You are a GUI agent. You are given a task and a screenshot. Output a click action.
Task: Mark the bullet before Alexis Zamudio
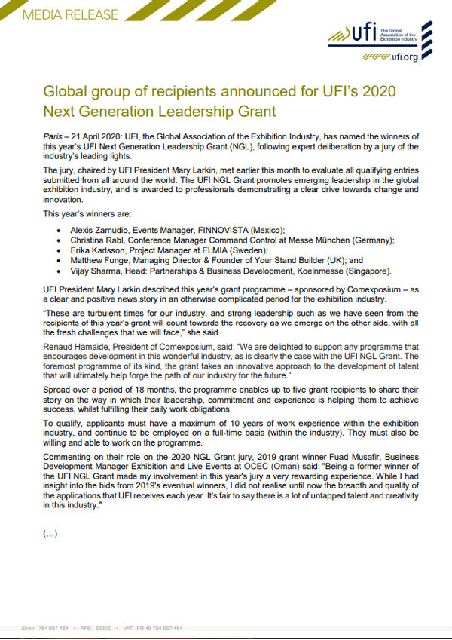tap(60, 230)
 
